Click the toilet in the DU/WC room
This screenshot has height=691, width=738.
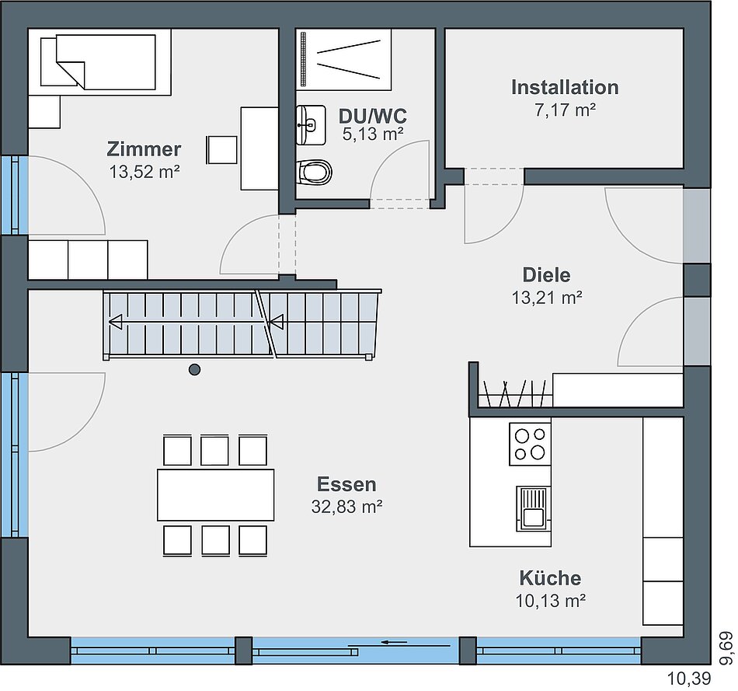click(314, 173)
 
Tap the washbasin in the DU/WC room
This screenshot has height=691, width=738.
click(311, 125)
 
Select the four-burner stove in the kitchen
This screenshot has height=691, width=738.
click(530, 444)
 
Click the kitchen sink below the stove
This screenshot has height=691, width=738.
click(533, 508)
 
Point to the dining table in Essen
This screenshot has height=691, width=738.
click(215, 494)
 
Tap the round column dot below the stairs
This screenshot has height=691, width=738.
click(194, 370)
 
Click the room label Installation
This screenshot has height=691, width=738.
click(565, 88)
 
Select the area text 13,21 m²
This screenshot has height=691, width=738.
click(547, 298)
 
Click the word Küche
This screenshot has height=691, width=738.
click(550, 578)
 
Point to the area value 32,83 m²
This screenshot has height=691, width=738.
click(346, 507)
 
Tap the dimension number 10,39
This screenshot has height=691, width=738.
click(689, 679)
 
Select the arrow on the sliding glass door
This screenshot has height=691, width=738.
click(395, 641)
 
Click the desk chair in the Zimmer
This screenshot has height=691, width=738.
click(221, 150)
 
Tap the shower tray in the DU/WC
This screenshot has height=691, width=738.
click(343, 59)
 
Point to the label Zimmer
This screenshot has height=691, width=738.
click(144, 149)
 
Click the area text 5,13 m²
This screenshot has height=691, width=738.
click(373, 134)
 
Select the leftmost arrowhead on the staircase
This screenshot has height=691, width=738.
click(115, 323)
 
